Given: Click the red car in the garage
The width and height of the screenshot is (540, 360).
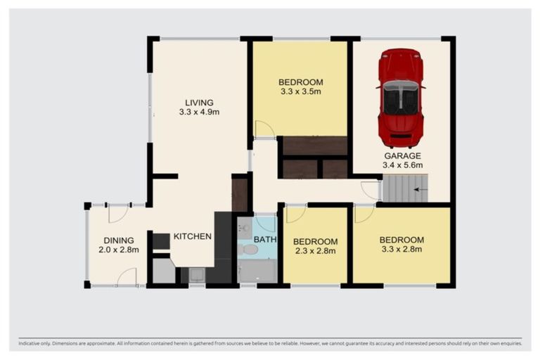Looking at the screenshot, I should click(401, 97).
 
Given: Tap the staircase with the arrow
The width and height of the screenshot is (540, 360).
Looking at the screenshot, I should click(404, 189).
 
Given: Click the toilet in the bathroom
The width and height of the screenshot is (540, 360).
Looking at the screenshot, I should click(250, 250).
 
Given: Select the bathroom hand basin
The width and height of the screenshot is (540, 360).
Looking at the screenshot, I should click(243, 228).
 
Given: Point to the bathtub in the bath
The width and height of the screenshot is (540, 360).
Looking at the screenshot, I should click(257, 271).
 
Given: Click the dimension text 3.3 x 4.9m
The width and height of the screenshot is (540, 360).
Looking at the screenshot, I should click(200, 112).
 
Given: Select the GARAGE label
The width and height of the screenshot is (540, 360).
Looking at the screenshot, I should click(402, 156).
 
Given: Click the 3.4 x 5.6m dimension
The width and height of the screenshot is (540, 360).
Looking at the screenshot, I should click(403, 165).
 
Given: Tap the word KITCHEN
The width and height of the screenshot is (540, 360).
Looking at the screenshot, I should click(193, 236).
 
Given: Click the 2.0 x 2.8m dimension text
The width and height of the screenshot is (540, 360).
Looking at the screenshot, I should click(119, 250).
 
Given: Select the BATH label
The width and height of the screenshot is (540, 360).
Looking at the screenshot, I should click(266, 240).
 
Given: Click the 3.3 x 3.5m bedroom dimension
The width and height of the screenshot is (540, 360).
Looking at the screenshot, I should click(300, 91).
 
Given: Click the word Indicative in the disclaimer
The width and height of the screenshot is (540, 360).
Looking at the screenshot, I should click(32, 344).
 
